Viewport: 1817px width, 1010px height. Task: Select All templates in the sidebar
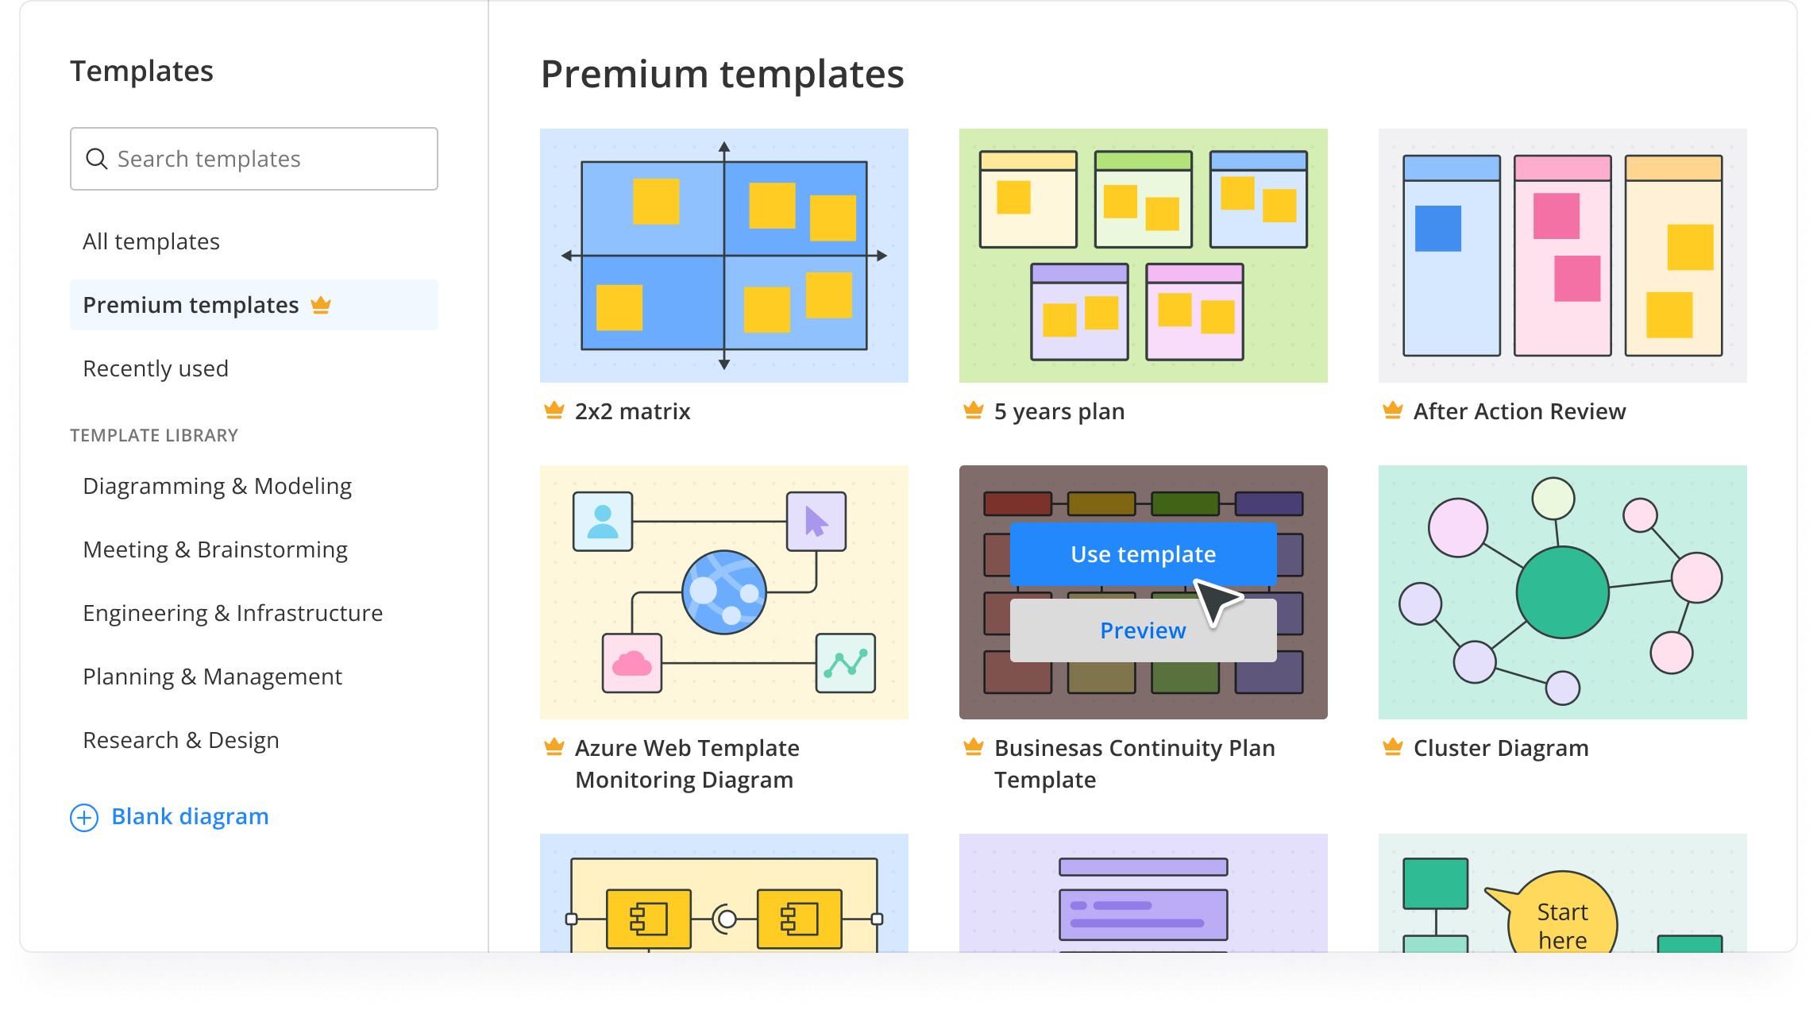tap(151, 241)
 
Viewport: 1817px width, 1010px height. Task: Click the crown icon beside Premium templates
tap(321, 305)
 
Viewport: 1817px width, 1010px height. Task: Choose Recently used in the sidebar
tap(156, 368)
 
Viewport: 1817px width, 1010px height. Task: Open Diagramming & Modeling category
tap(217, 486)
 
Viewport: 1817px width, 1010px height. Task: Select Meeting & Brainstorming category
tap(215, 549)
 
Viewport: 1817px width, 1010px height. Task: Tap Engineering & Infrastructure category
tap(233, 613)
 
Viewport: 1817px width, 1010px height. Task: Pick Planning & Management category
tap(212, 677)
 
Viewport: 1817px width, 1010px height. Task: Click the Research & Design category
tap(181, 740)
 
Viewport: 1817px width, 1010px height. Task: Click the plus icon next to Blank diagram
tap(84, 817)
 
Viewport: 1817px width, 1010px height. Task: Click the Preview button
tap(1142, 630)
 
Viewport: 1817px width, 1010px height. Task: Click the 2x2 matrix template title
tap(632, 411)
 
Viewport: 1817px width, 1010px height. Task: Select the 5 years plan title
tap(1059, 411)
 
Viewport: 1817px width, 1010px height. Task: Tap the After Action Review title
tap(1519, 411)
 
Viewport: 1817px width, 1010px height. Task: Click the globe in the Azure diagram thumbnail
tap(723, 592)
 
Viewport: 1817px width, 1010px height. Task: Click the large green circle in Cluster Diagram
tap(1562, 592)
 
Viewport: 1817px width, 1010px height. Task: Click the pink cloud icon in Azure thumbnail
tap(631, 663)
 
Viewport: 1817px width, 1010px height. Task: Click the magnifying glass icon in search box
tap(97, 159)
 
